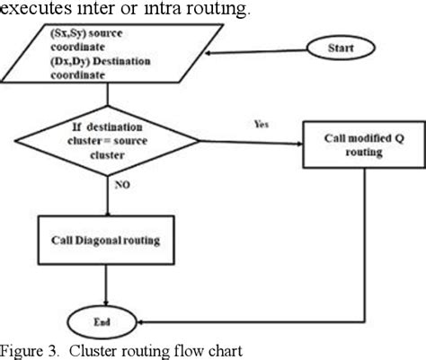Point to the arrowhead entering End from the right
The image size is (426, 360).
[148, 320]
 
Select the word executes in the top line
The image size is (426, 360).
[33, 10]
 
